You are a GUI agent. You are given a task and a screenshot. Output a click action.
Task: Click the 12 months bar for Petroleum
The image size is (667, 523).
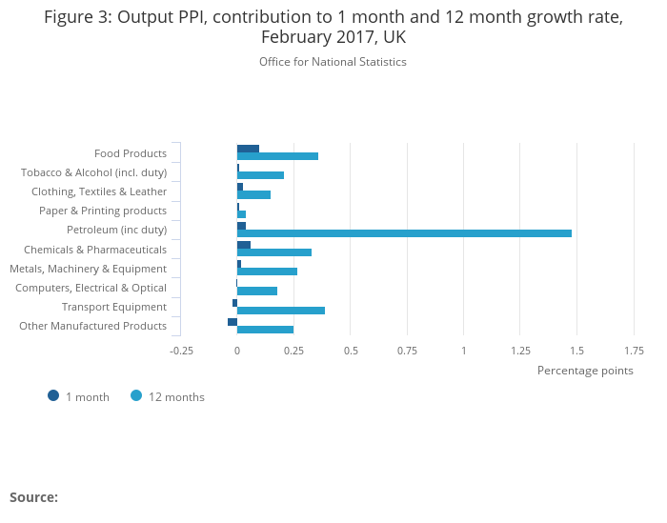pos(404,233)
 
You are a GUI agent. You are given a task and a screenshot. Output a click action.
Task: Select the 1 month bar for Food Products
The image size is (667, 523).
pos(248,149)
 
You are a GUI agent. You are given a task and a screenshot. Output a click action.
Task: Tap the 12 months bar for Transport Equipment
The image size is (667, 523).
pos(281,311)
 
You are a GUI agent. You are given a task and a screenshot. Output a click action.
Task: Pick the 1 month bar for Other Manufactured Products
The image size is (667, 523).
pos(232,322)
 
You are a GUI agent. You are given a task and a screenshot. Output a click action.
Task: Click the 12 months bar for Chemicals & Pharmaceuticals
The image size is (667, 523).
pos(274,252)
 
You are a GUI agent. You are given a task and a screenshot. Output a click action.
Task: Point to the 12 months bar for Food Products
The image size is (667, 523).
pos(277,156)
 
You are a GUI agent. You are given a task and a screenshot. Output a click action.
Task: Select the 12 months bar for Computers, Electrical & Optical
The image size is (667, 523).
pos(257,291)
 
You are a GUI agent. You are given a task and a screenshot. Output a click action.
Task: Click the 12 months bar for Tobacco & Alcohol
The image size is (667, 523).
pos(260,175)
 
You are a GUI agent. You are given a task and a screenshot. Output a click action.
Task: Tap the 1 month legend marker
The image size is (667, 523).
pos(53,396)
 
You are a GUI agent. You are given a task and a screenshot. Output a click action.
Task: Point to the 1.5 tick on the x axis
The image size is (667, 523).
pos(576,351)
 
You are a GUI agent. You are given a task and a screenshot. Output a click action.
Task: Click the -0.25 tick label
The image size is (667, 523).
pos(181,351)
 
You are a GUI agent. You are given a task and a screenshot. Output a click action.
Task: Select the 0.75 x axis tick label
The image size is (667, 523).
pos(407,351)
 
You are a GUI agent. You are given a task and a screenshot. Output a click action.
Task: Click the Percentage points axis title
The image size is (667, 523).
pos(585,371)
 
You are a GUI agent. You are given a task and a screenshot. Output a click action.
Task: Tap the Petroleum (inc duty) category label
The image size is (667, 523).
pos(116,230)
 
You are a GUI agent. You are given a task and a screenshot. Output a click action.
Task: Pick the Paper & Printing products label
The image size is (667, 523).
pos(103,211)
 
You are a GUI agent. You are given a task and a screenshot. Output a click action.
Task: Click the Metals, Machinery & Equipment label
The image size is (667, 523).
pos(88,269)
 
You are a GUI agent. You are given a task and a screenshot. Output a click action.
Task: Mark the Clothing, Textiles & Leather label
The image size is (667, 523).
pos(99,191)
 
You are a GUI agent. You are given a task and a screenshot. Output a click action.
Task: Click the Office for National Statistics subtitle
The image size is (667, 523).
pos(333,62)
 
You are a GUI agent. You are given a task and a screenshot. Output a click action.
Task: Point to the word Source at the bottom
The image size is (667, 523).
pos(33,497)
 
